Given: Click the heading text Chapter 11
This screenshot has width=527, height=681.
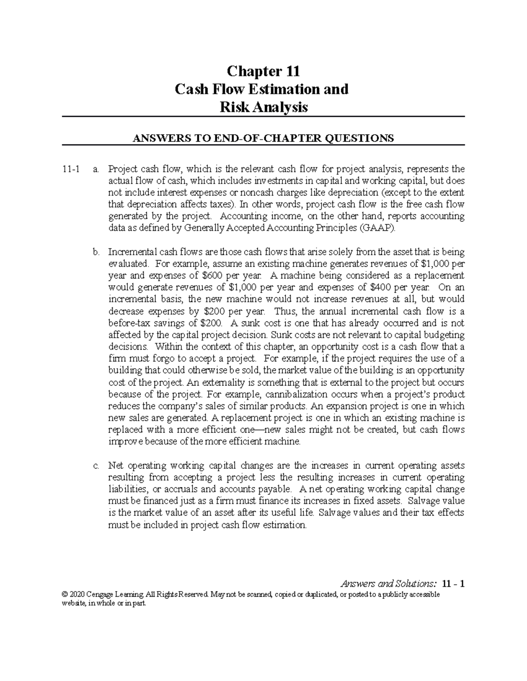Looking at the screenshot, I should click(263, 71).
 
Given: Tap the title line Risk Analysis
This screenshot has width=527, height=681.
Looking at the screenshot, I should click(263, 107).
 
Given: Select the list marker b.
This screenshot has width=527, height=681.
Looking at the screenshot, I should click(95, 252).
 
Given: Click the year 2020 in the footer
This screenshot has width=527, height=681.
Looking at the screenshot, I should click(77, 595).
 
